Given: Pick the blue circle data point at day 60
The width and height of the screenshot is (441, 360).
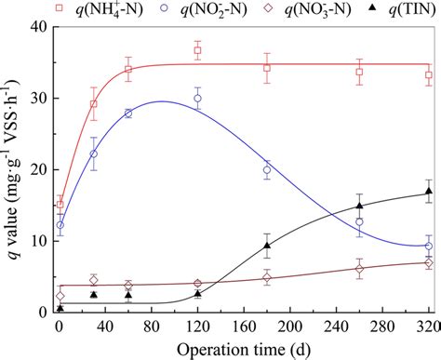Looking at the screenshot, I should pyautogui.click(x=128, y=113).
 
